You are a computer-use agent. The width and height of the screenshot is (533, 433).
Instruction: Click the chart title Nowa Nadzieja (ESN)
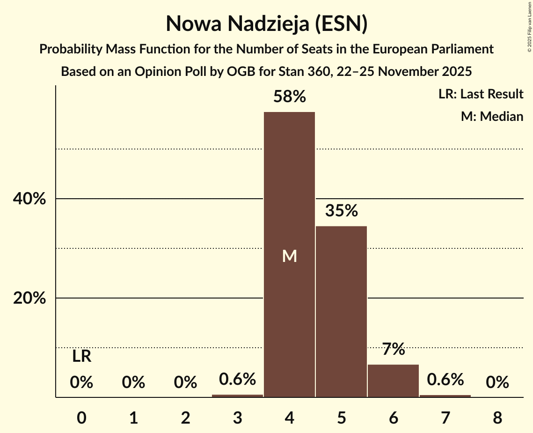[x=266, y=23]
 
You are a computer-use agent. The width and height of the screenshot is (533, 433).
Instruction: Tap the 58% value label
[x=289, y=97]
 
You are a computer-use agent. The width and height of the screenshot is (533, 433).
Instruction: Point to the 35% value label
[x=341, y=211]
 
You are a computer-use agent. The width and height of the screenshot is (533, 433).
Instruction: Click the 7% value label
[x=393, y=349]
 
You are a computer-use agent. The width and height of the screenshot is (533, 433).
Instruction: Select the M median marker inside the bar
[x=289, y=256]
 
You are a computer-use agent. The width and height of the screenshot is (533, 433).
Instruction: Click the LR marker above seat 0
[x=81, y=357]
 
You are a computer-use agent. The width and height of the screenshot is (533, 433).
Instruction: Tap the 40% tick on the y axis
[x=29, y=199]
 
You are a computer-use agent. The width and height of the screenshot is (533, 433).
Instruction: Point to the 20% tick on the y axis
[x=29, y=299]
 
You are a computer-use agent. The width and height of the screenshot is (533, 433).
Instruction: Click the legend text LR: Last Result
[x=481, y=94]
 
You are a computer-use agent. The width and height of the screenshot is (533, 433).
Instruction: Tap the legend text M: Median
[x=492, y=116]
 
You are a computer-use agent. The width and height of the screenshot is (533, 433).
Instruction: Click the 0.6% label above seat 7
[x=445, y=379]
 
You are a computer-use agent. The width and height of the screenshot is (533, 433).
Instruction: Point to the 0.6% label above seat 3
[x=237, y=379]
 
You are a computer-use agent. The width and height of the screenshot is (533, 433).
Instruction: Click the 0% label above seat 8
[x=497, y=383]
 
